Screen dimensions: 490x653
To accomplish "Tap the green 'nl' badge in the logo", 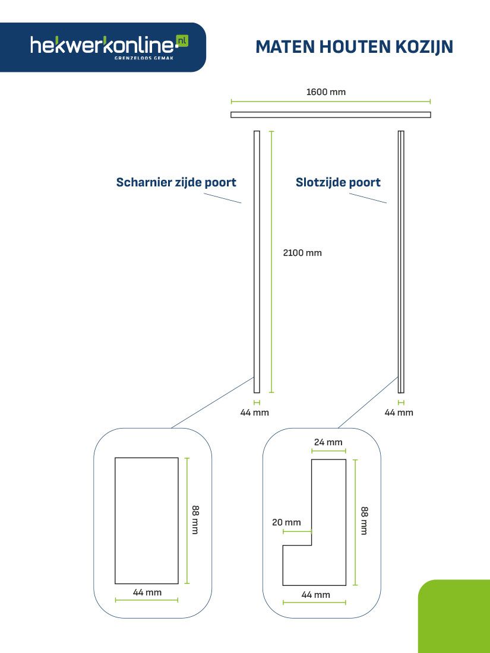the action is click(182, 40).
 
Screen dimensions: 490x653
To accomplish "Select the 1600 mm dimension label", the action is click(326, 91).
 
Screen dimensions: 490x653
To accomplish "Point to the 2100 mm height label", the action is click(302, 253).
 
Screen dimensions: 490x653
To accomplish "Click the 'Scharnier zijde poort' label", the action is click(176, 182).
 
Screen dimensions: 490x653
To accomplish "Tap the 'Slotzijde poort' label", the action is click(338, 182).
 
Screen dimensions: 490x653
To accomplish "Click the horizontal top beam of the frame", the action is click(331, 115).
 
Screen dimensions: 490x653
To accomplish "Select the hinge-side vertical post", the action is click(257, 262).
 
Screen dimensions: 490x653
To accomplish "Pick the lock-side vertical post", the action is click(401, 262).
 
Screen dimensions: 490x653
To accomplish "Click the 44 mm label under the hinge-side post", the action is click(255, 413).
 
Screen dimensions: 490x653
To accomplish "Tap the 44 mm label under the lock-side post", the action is click(399, 413).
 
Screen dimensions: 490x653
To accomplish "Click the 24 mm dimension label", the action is click(328, 442).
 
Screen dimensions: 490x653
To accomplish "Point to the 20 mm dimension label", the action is click(286, 522).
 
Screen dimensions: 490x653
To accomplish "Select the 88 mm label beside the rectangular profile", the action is click(195, 520).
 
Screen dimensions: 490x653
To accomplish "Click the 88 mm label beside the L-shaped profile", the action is click(364, 521).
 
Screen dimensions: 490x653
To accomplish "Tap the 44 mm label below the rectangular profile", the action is click(147, 592).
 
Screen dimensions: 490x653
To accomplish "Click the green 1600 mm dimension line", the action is click(331, 101).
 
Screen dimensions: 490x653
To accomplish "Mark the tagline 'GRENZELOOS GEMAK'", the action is click(144, 58).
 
